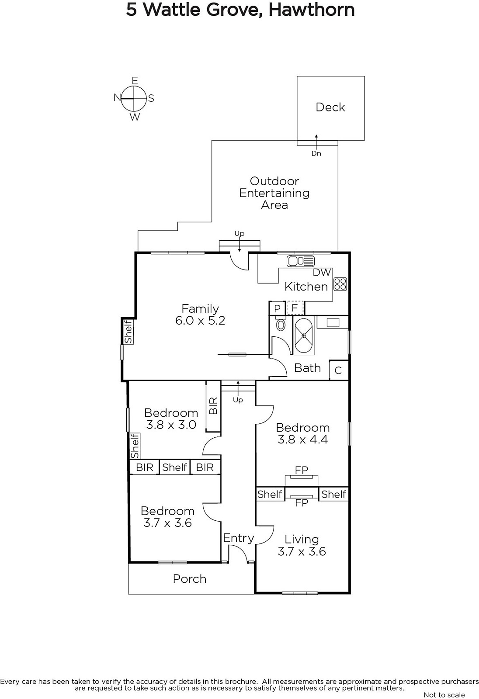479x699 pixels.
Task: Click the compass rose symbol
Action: (x=134, y=99)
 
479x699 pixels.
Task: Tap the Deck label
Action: (x=330, y=107)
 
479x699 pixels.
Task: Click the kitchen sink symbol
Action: (x=300, y=261)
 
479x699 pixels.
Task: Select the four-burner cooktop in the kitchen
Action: (x=340, y=284)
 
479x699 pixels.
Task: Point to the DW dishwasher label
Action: (x=322, y=273)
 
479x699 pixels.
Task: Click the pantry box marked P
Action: (x=277, y=308)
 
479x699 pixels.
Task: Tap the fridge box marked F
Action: (x=295, y=308)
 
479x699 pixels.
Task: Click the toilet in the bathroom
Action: (x=281, y=325)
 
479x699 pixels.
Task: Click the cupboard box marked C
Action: (x=338, y=370)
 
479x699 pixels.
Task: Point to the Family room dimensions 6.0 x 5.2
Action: (x=200, y=321)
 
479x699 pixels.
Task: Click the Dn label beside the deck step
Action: (x=316, y=153)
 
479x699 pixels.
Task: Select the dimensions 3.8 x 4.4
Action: (x=302, y=439)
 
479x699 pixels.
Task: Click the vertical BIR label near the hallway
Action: (x=213, y=406)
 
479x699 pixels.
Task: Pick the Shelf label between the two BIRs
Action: (x=175, y=467)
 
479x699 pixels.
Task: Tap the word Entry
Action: (x=238, y=538)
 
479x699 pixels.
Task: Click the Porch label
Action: (x=190, y=579)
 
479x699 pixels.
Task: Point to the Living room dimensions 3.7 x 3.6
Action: (x=302, y=551)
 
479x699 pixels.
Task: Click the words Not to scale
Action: (x=444, y=695)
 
